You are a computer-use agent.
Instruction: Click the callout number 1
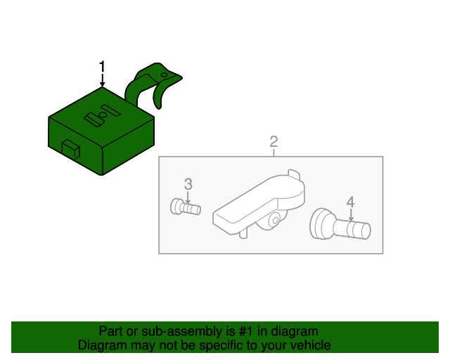tap(102, 67)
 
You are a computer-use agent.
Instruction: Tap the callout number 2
tap(274, 142)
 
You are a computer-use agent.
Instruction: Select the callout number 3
tap(188, 184)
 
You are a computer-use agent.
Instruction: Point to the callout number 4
tap(350, 202)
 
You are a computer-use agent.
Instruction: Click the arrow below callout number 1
tap(102, 80)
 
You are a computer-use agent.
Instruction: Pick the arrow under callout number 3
tap(188, 198)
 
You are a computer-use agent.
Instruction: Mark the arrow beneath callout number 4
tap(351, 215)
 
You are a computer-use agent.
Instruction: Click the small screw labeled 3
tap(186, 207)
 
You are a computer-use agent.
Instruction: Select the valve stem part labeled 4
tap(340, 224)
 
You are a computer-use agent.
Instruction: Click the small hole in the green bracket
tap(164, 75)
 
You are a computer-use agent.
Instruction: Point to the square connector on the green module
tap(71, 149)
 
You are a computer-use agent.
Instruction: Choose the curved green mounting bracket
tap(152, 83)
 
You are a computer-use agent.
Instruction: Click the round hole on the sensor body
tap(275, 221)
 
